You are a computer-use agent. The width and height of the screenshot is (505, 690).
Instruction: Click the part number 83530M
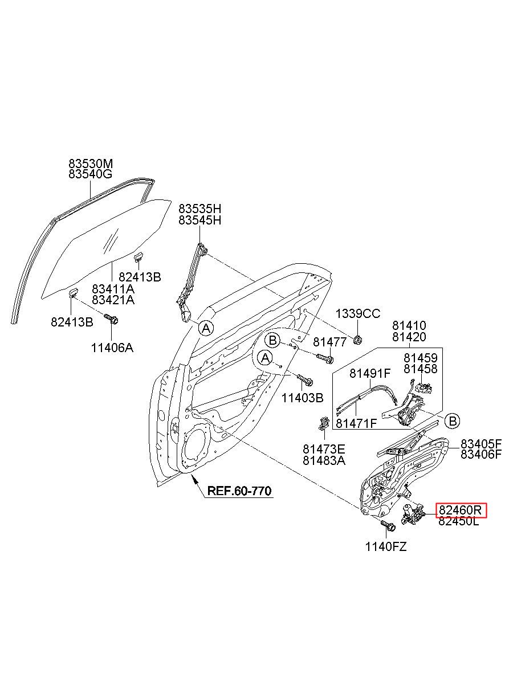click(90, 163)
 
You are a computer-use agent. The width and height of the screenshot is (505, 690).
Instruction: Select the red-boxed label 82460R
click(460, 510)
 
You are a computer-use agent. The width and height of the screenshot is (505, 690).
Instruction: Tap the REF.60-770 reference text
click(239, 491)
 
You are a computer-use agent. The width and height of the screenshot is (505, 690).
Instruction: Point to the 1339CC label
click(358, 313)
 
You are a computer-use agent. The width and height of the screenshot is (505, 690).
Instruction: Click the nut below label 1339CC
click(357, 340)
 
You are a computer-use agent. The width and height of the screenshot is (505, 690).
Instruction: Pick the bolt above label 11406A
click(112, 319)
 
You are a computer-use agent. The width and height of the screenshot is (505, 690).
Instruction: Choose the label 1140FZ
click(386, 547)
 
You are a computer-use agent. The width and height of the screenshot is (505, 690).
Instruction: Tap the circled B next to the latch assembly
click(453, 420)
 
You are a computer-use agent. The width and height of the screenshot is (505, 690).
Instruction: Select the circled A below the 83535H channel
click(206, 328)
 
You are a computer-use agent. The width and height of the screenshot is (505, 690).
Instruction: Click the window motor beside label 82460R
click(413, 513)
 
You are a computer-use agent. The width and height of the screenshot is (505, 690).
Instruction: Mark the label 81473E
click(324, 449)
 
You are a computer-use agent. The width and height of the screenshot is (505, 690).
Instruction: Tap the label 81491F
click(370, 373)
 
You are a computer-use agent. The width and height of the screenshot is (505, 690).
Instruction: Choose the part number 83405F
click(481, 444)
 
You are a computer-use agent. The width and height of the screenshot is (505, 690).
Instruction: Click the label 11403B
click(302, 398)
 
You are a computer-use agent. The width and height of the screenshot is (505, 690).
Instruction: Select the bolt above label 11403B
click(305, 381)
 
